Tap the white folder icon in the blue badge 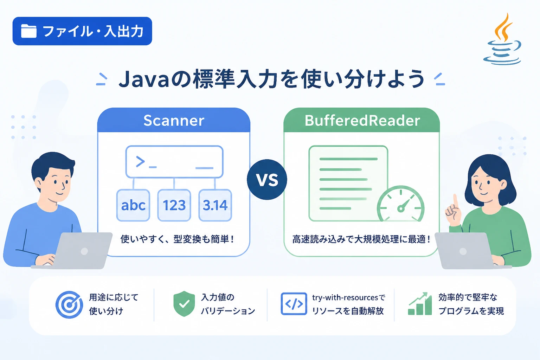(x=29, y=31)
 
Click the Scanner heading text (x=174, y=121)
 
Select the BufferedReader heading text (x=362, y=121)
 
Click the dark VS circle (x=267, y=180)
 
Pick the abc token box (x=133, y=205)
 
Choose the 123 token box (x=174, y=205)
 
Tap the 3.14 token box (x=215, y=205)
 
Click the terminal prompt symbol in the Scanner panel (x=140, y=162)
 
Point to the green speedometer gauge (x=401, y=204)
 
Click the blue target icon (x=69, y=304)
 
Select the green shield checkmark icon (x=184, y=304)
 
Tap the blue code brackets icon (x=294, y=304)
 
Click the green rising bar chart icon (x=420, y=304)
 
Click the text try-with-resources (x=345, y=297)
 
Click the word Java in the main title (x=144, y=79)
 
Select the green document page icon (x=348, y=183)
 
